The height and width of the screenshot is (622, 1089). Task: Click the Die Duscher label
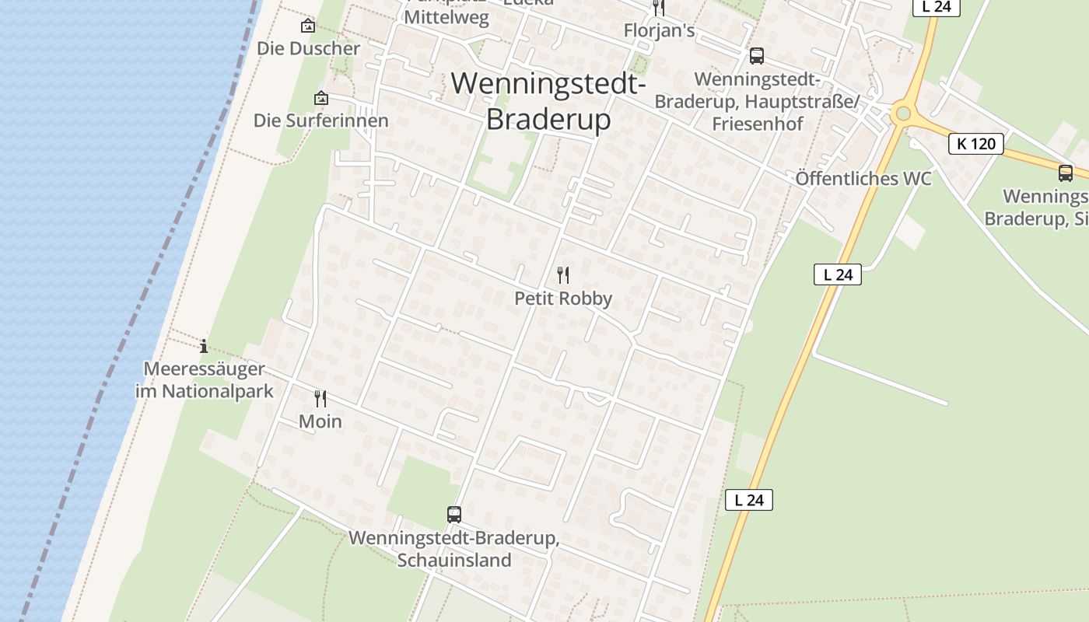tap(309, 48)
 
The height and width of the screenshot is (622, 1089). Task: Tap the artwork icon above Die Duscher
tap(309, 26)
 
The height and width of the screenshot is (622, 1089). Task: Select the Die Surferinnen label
tap(320, 121)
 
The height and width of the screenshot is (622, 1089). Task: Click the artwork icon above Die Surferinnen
tap(320, 98)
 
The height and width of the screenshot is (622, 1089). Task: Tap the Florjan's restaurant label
tap(659, 30)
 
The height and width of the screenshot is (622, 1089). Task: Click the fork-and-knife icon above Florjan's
tap(659, 8)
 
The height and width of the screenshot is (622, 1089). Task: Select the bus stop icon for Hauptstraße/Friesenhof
tap(756, 56)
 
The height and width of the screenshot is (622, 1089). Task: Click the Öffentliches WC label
tap(863, 178)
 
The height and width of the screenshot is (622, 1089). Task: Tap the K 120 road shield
tap(975, 144)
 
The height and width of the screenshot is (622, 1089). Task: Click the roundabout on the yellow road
tap(902, 114)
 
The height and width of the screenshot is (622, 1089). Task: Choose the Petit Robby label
tap(563, 299)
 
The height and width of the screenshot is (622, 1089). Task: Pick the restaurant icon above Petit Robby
tap(563, 274)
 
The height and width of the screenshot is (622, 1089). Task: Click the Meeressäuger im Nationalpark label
tap(205, 379)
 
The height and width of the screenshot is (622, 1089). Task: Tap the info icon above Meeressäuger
tap(204, 346)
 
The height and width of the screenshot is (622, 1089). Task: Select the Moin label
tap(320, 421)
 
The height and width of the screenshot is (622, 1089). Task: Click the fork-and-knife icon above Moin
tap(320, 399)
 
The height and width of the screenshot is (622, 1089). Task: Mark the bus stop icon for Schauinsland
tap(454, 514)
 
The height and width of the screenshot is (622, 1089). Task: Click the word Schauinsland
tap(454, 560)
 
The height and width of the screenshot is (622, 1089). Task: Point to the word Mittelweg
tap(446, 17)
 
